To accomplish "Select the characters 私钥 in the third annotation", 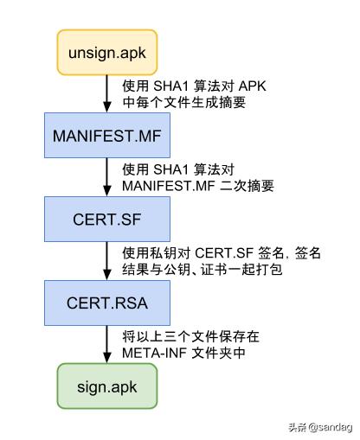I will click(166, 252).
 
